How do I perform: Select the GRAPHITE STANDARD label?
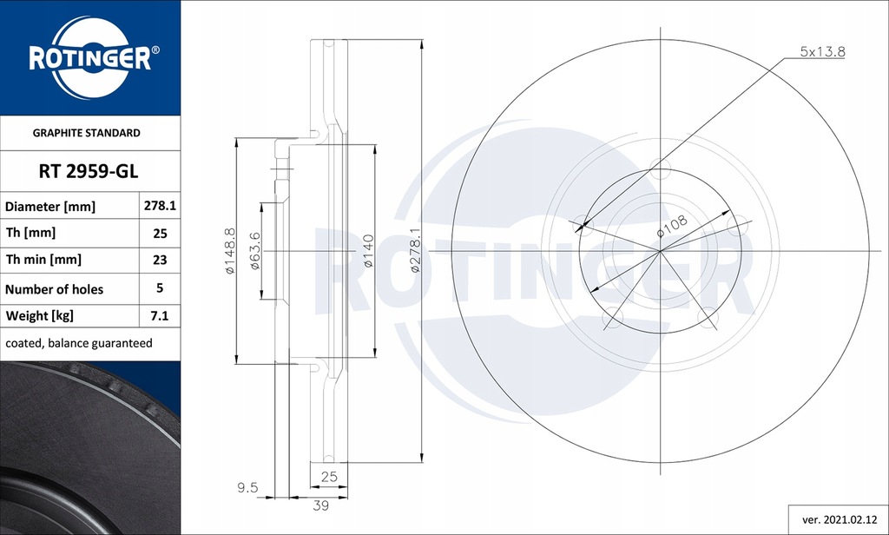pos(86,134)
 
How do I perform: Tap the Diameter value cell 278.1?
pos(160,207)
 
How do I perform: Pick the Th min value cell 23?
pos(160,259)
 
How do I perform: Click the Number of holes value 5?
pos(160,287)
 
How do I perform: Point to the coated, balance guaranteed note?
pos(79,343)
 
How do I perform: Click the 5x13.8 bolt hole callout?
pos(821,52)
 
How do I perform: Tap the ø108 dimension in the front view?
pos(672,227)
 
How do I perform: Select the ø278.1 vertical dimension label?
pos(416,250)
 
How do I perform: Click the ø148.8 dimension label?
pos(230,251)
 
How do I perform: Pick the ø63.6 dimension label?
pos(255,250)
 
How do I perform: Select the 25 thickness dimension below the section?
pos(329,477)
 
